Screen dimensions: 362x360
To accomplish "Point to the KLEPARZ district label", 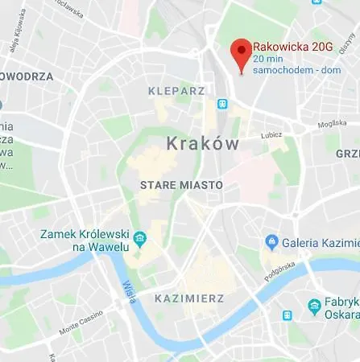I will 177,91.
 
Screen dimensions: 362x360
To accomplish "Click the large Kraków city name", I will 202,144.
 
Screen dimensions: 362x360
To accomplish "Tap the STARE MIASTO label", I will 181,185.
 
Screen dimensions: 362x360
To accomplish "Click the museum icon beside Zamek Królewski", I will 140,238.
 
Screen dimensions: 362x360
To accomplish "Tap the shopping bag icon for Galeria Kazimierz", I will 271,241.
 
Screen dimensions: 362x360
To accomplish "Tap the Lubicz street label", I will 272,134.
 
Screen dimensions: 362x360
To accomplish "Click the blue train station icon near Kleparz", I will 221,104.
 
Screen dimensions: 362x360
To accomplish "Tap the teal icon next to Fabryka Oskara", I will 315,306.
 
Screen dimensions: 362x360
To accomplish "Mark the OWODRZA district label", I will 27,76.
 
